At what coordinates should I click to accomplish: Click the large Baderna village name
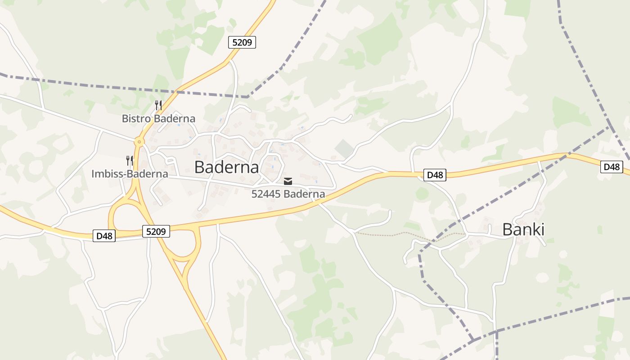pos(226,167)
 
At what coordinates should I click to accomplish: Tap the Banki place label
pos(523,230)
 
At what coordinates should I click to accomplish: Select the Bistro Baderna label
pos(158,119)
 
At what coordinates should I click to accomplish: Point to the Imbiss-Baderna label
pos(130,174)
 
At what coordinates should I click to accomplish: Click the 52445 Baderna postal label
pos(288,194)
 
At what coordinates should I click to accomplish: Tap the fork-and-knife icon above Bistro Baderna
pos(158,105)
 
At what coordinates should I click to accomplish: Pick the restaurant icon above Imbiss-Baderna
pos(130,160)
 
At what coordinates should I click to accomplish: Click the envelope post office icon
pos(288,181)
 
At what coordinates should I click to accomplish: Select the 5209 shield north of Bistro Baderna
pos(242,43)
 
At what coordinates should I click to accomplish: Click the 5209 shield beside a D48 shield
pos(157,232)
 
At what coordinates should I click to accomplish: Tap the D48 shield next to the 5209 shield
pos(104,236)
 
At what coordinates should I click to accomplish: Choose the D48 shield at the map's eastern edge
pos(611,167)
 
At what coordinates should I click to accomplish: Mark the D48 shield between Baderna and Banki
pos(435,175)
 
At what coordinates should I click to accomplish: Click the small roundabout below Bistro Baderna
pos(139,142)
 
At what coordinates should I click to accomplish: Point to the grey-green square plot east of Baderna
pos(344,148)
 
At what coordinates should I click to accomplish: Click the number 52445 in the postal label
pos(266,194)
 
